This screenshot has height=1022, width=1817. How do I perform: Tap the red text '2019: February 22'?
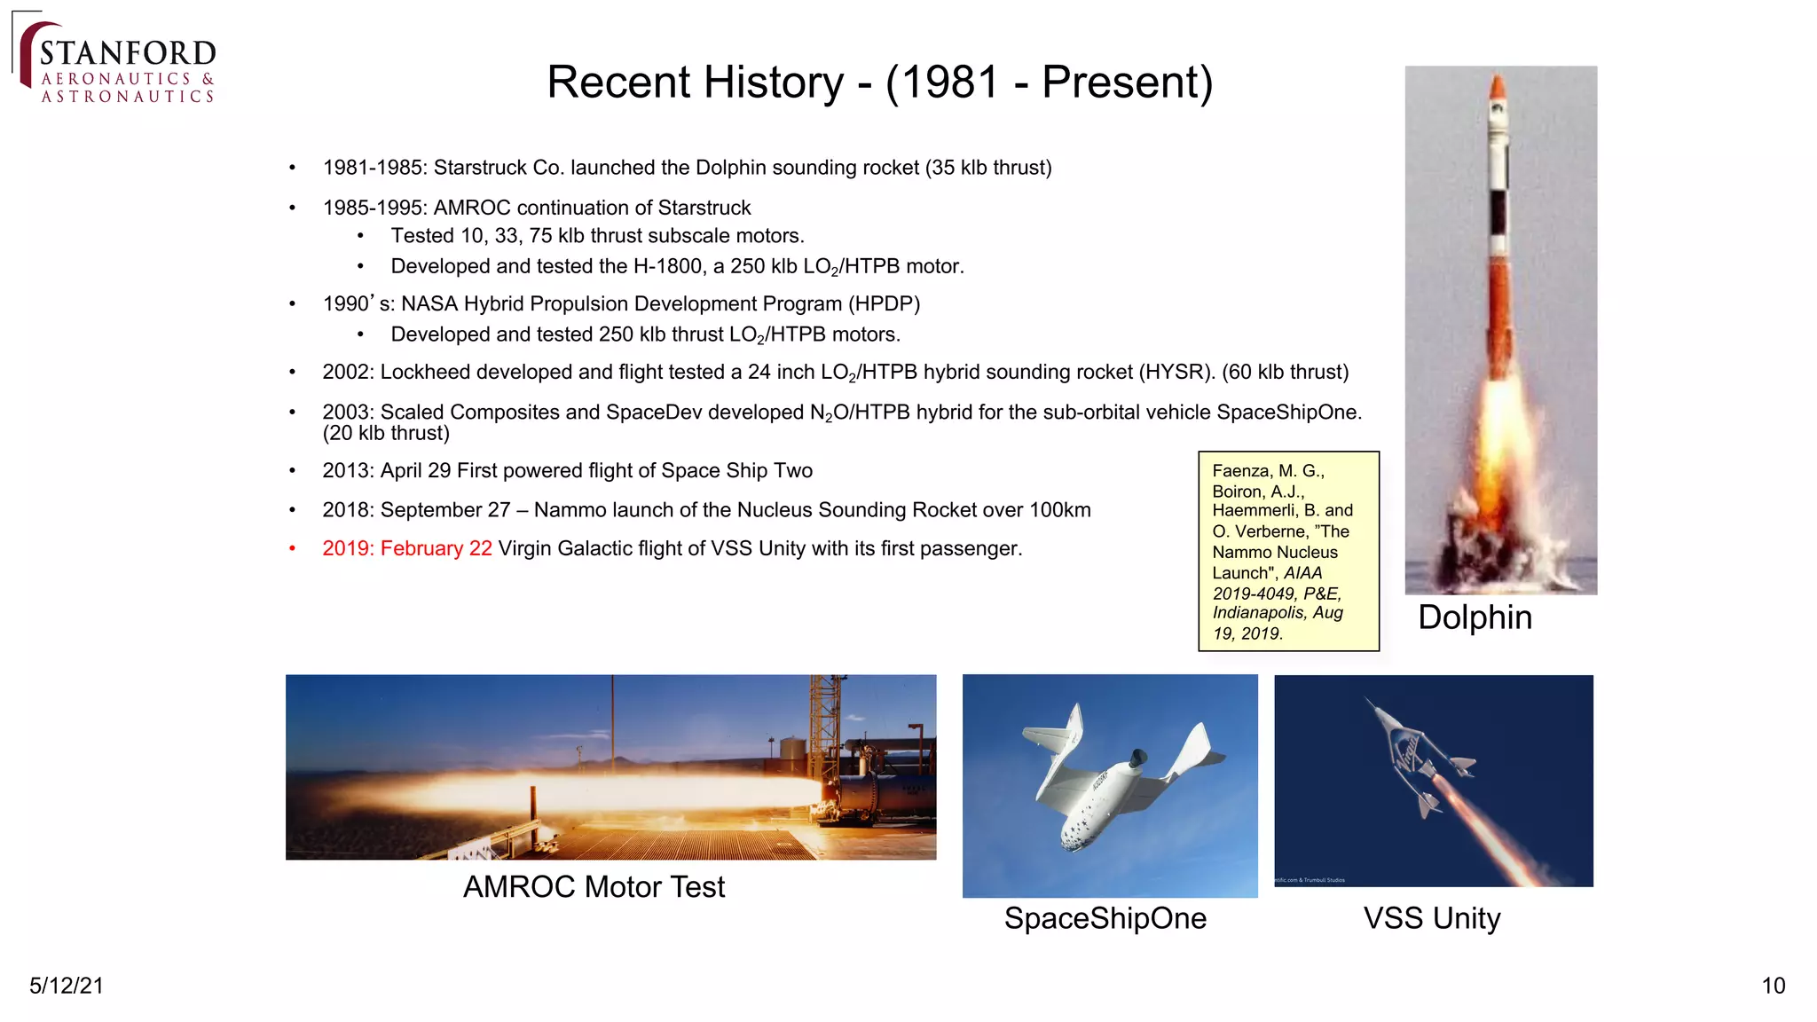[406, 548]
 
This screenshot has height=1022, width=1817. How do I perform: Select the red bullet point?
[292, 548]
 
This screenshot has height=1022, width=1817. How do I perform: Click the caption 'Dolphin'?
[1475, 617]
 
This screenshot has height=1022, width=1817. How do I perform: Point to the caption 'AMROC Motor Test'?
[594, 886]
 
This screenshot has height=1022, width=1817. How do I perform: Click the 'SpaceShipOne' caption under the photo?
[1105, 918]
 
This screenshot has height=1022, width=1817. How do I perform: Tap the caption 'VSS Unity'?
[1431, 918]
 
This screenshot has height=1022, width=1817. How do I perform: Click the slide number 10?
[1773, 986]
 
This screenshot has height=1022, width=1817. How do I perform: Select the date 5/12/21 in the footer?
[67, 986]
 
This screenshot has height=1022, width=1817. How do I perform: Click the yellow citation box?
[1288, 551]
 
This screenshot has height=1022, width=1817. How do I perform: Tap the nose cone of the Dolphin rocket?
[1498, 90]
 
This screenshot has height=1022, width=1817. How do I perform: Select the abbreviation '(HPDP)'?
[884, 304]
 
